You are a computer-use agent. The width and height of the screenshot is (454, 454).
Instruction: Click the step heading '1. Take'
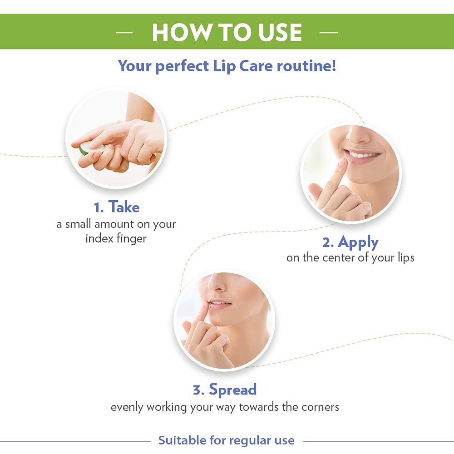116,207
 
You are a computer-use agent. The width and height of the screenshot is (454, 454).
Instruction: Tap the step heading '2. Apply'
350,242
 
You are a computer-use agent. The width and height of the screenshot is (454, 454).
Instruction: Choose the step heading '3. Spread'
225,389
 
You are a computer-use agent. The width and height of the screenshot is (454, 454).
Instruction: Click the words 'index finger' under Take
116,238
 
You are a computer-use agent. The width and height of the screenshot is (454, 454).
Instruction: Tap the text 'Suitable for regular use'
226,440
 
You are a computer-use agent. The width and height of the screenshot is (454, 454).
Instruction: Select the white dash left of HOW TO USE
124,33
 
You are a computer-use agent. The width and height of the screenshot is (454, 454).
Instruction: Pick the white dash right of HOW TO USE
329,33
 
